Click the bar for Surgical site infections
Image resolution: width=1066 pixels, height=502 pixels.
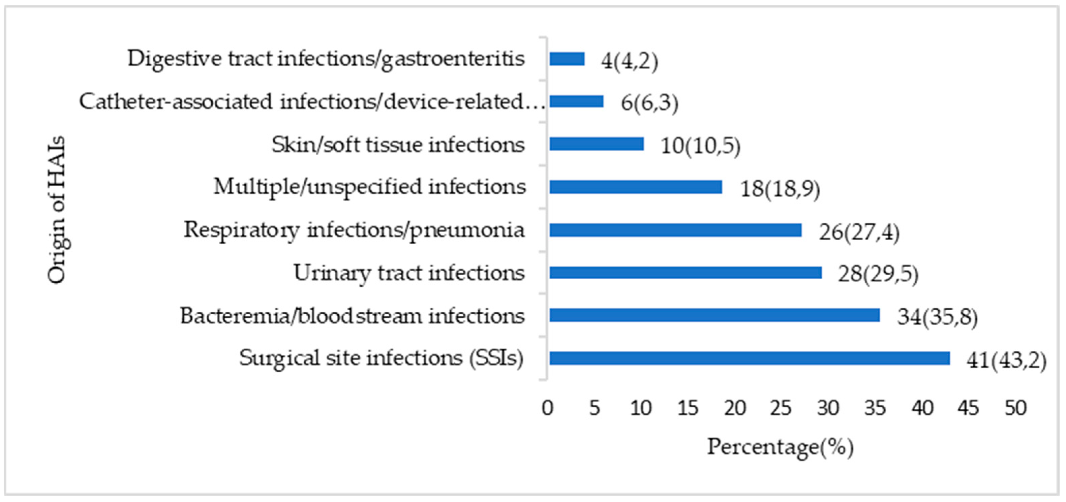tap(749, 358)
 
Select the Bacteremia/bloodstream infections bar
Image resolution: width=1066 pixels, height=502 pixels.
tap(714, 315)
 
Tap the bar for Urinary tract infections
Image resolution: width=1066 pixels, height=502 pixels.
tap(685, 273)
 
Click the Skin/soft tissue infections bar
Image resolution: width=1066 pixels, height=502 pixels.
tap(596, 144)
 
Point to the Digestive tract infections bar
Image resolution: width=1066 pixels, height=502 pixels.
tap(567, 59)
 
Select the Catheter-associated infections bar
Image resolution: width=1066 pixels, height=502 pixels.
tap(576, 101)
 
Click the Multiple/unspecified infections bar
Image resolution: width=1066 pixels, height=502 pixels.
tap(635, 187)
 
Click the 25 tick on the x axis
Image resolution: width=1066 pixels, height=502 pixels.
tap(781, 408)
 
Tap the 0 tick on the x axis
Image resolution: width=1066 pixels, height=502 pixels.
tap(547, 408)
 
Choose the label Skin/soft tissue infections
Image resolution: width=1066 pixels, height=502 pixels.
tap(398, 145)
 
